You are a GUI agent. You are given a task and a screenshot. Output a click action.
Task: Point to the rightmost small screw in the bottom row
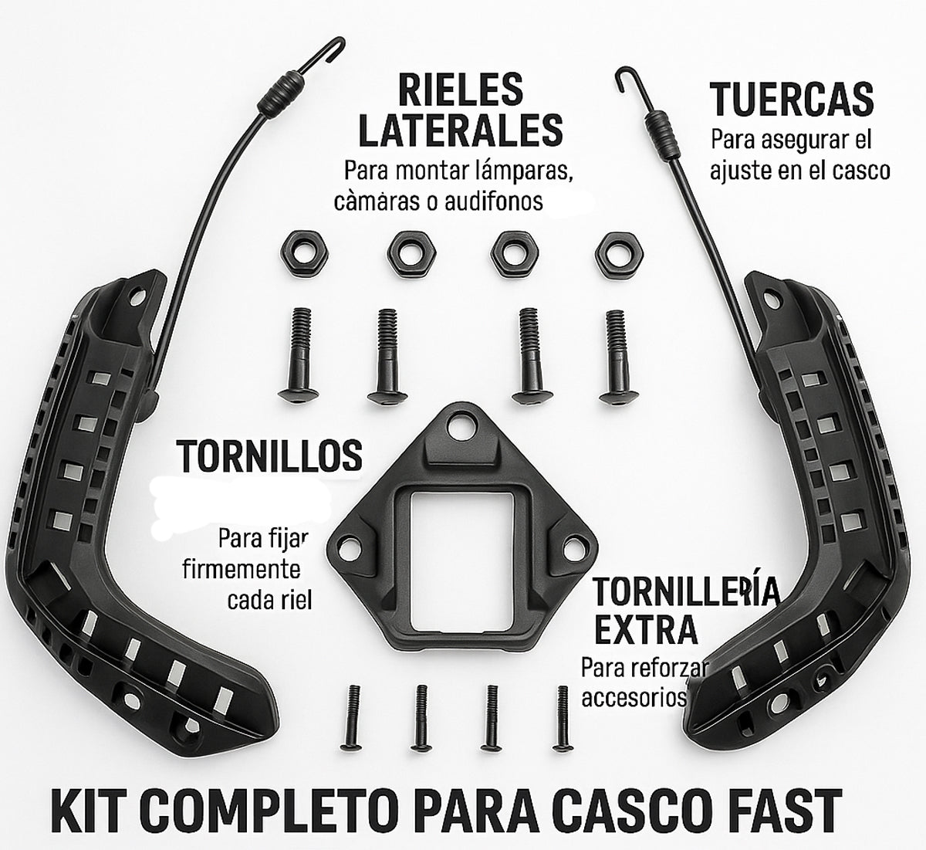point(561,718)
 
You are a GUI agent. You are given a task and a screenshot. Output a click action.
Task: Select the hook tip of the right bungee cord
point(619,74)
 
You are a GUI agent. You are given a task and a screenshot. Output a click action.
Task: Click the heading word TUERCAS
point(791,99)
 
